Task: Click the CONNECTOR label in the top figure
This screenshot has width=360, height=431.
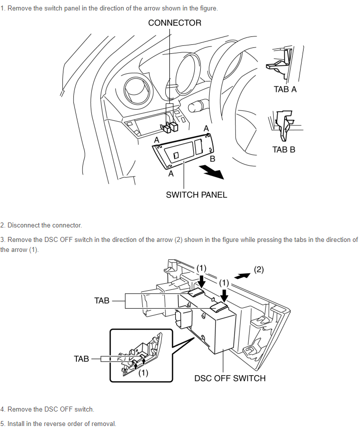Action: (x=175, y=23)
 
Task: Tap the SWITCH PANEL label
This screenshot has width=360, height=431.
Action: (x=196, y=195)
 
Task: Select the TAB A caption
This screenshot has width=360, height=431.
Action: (x=285, y=89)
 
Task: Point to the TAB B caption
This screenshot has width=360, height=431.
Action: (x=284, y=149)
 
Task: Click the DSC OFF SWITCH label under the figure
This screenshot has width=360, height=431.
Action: (x=230, y=378)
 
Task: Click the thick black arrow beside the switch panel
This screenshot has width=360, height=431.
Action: (x=211, y=172)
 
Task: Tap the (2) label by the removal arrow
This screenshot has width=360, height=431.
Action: (x=259, y=269)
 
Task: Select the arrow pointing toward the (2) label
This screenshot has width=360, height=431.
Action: (x=242, y=275)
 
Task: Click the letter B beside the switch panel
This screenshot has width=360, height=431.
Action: (x=212, y=159)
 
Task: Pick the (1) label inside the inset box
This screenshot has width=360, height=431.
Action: (x=143, y=373)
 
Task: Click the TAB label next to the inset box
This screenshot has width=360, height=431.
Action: (x=81, y=359)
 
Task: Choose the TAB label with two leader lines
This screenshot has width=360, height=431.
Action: (x=102, y=301)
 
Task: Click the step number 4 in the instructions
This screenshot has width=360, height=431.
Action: (x=2, y=410)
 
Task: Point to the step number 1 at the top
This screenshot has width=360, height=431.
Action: (x=2, y=8)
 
